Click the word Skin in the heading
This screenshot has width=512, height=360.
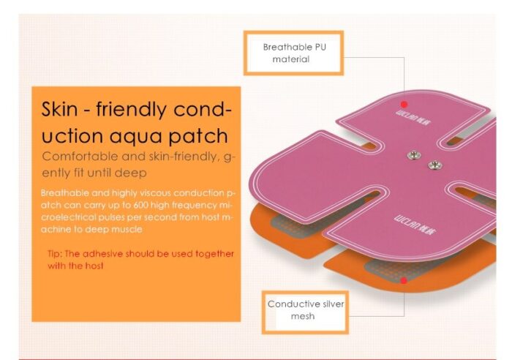click(x=59, y=109)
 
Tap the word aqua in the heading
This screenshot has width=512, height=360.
click(x=135, y=137)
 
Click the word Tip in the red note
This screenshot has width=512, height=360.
click(x=55, y=254)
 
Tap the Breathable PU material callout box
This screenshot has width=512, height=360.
click(x=293, y=53)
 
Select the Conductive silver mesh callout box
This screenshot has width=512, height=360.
click(x=305, y=312)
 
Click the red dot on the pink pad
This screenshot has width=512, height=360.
click(x=404, y=105)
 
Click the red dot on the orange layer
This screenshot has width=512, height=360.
click(x=404, y=281)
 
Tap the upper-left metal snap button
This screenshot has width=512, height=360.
click(x=414, y=155)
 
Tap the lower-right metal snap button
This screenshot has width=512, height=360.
click(x=435, y=165)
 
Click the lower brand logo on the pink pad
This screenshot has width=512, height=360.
click(x=415, y=225)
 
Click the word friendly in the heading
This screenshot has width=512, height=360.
click(x=131, y=110)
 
